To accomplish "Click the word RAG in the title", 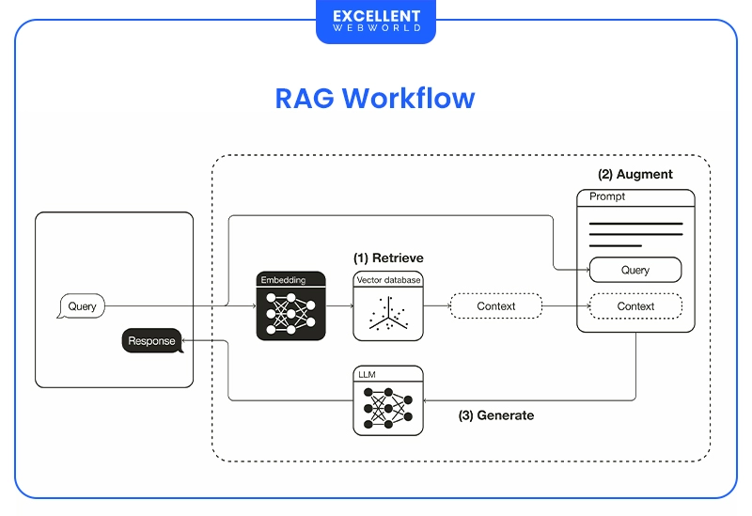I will pos(305,99).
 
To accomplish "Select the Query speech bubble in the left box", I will pos(82,306).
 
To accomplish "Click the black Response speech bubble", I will pos(151,341).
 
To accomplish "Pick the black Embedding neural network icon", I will pos(290,306).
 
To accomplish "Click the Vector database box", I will pos(388,306).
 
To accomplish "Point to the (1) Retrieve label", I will pos(388,258).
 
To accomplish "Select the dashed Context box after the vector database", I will pos(495,306).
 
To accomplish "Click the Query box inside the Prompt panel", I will pos(635,270).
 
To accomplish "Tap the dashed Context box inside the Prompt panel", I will pos(635,306).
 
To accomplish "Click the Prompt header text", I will pos(606,197).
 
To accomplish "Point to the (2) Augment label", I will pos(635,175).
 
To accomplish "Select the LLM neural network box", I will pos(388,400).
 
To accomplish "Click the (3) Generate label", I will pos(495,415).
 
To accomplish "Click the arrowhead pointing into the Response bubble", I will pos(185,341).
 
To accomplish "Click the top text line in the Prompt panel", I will pos(635,224).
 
